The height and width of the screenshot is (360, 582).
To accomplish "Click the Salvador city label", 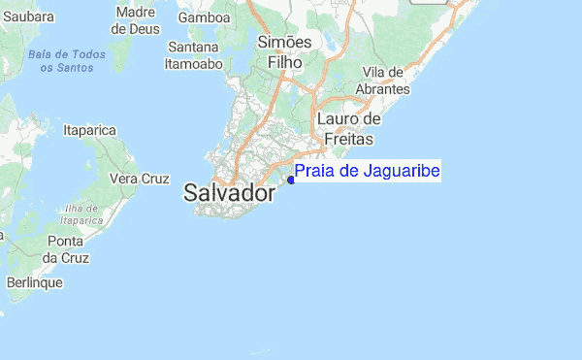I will (x=229, y=193).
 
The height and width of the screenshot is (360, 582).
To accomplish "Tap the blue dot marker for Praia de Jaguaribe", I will (x=291, y=180).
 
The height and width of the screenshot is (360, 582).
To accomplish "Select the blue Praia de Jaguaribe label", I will (x=368, y=172).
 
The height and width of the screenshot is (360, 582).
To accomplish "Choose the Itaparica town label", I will (x=89, y=130).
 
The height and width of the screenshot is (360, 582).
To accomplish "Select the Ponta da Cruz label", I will (x=66, y=249).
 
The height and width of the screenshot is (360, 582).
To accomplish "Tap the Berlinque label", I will (x=34, y=282).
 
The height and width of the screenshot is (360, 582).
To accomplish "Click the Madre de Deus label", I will (x=136, y=20).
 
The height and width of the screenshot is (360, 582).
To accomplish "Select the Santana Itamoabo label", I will (x=195, y=54).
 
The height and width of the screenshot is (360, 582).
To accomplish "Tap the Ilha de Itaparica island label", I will (x=83, y=214).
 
